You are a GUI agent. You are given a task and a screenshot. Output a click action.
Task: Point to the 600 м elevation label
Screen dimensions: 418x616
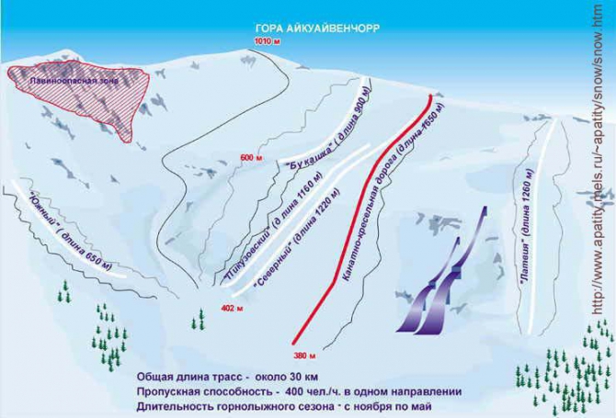(252, 158)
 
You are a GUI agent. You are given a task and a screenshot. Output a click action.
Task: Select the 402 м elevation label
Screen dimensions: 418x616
(230, 309)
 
